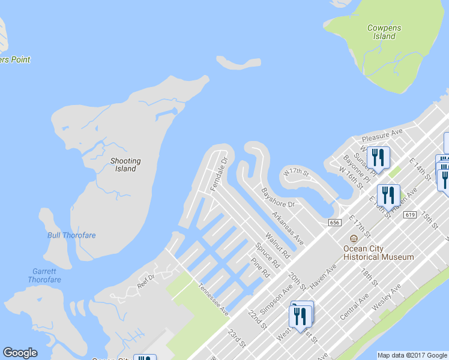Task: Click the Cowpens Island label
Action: click(384, 32)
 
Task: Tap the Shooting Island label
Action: click(125, 165)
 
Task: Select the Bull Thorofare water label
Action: click(71, 235)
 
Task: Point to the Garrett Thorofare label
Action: click(44, 275)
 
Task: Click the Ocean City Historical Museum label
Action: click(378, 253)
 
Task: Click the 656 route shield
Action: click(335, 222)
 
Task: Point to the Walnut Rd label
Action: click(277, 246)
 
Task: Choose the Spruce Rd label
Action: click(268, 255)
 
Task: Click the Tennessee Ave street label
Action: click(214, 299)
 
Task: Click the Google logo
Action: click(20, 353)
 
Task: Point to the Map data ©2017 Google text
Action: click(412, 355)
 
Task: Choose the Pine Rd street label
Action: click(260, 268)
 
